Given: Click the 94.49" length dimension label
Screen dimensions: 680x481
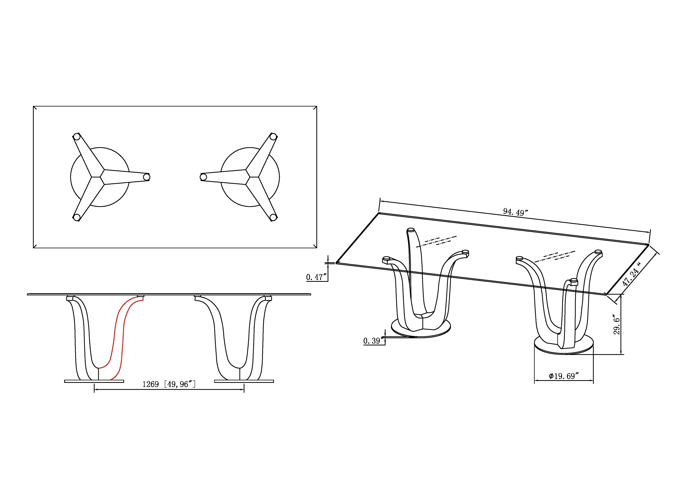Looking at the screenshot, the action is point(516,212).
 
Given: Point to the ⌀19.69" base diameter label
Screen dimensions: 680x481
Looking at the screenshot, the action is point(564,376).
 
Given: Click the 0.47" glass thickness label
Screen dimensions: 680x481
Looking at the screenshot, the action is point(317,277).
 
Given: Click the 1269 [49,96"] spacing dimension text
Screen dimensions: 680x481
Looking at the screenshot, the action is point(169,384).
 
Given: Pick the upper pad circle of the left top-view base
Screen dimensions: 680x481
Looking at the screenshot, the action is point(77,137).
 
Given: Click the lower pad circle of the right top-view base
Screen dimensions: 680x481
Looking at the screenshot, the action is point(273,217).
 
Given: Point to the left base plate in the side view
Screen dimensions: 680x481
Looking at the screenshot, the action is point(94,381).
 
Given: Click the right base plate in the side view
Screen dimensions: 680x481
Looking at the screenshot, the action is point(244,381).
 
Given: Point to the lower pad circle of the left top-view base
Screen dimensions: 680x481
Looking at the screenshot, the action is point(77,217).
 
